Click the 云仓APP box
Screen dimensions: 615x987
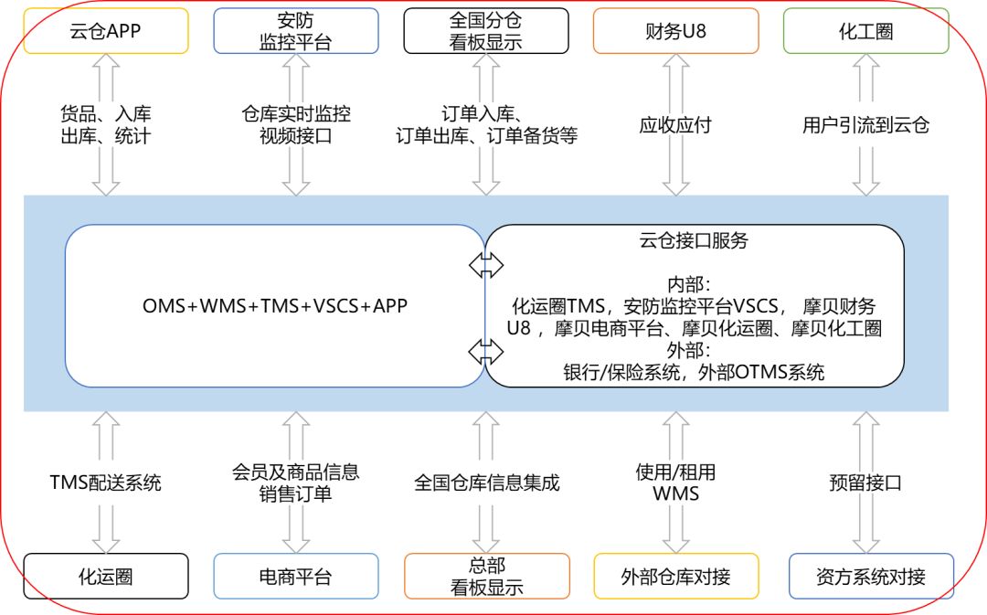[x=106, y=31]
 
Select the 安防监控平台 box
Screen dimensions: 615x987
[x=296, y=31]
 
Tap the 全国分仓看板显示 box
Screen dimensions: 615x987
[x=485, y=31]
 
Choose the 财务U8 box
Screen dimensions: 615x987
[x=675, y=31]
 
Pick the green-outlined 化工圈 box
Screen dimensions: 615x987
[x=865, y=31]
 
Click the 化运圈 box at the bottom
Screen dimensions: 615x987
[x=106, y=577]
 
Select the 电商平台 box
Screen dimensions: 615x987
[x=296, y=577]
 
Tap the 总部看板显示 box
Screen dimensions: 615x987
[x=486, y=577]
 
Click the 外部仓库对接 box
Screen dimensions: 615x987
[x=675, y=577]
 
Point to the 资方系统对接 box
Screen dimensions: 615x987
[x=870, y=577]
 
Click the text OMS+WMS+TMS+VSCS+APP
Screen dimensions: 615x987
[x=275, y=306]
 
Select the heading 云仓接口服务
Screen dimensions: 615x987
[x=694, y=241]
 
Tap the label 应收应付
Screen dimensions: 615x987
[x=675, y=125]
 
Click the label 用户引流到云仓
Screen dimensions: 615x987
[x=865, y=125]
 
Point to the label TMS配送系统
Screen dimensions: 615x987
[x=106, y=482]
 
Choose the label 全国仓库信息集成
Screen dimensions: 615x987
[x=486, y=482]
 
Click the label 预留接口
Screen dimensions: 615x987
[x=865, y=482]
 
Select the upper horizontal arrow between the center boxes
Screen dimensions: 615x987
[x=485, y=265]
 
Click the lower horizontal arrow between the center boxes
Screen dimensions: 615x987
[x=485, y=351]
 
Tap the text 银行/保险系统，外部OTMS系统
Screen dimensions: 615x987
[x=694, y=372]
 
